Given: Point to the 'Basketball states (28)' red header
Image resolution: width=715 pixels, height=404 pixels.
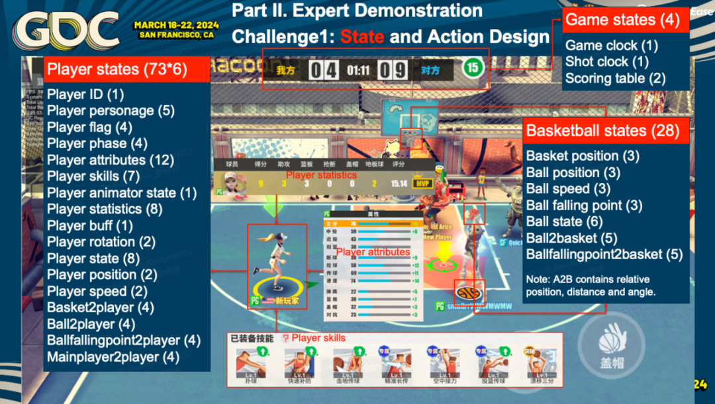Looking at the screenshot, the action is [x=602, y=130].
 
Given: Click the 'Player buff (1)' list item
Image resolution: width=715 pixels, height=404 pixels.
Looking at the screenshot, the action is [x=90, y=225].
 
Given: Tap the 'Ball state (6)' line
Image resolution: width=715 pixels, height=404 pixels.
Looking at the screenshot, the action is [x=563, y=222].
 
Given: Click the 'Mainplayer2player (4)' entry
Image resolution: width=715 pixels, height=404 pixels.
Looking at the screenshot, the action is [x=113, y=357].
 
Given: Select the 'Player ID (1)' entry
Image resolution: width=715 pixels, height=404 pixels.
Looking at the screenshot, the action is [x=85, y=95].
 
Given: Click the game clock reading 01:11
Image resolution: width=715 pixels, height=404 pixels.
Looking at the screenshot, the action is [x=358, y=68].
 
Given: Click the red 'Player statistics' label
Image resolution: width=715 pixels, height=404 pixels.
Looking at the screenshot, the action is [x=320, y=175].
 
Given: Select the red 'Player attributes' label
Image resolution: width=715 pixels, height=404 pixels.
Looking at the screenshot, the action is [x=373, y=252].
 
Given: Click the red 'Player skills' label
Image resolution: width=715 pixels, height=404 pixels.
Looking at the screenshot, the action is [x=318, y=338].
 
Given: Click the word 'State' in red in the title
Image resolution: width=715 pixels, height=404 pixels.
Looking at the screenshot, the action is [x=362, y=36].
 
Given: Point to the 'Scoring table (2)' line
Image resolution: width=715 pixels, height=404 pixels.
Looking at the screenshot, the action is [x=615, y=79].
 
